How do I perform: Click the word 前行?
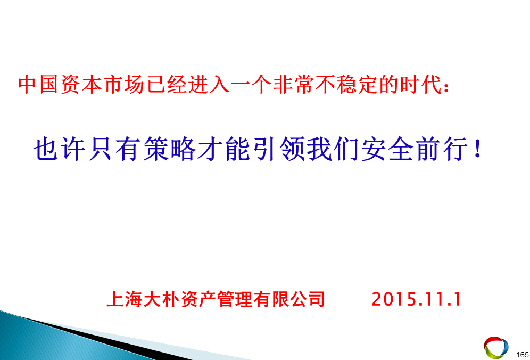click(442, 149)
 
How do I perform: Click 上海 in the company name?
click(125, 299)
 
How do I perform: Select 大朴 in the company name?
click(161, 299)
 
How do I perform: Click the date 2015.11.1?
click(417, 299)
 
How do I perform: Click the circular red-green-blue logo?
click(496, 347)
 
